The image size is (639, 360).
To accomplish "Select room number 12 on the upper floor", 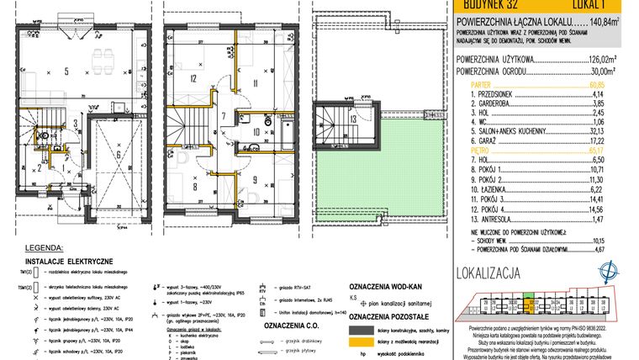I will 193,79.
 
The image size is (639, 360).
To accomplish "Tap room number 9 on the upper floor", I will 256,178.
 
